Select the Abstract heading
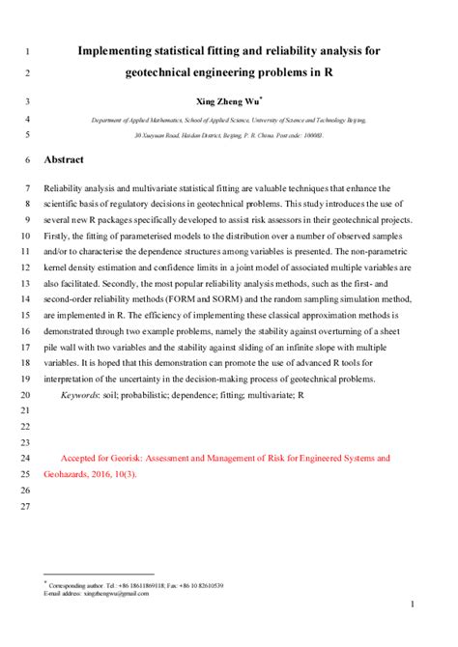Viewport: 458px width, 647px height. tap(65, 159)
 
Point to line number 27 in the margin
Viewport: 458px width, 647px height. tap(26, 506)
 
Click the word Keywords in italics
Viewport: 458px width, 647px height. tap(84, 396)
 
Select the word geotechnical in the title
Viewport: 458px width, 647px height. tap(173, 72)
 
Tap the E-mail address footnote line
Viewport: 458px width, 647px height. tap(97, 594)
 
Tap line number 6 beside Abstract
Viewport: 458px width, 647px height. tap(26, 159)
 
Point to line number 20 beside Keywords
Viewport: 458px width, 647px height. tap(26, 396)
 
